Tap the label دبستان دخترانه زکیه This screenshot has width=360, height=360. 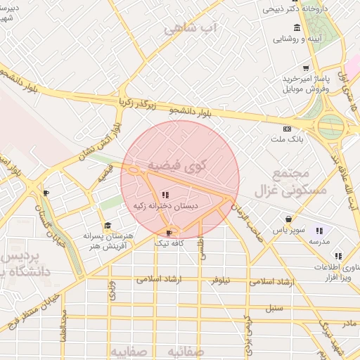coord(166,206)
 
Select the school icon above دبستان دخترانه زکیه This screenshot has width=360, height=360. coord(165,195)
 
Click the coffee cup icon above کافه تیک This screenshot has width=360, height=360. coord(168,232)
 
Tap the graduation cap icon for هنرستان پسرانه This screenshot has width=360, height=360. coord(108,226)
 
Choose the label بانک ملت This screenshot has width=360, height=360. coord(288,140)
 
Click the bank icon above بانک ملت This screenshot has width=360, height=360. coord(287,129)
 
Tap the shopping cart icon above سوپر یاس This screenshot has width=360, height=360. coord(288,219)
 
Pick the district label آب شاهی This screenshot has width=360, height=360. coord(191,29)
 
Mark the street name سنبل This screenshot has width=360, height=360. coord(274,308)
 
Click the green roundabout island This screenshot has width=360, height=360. coord(330,128)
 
